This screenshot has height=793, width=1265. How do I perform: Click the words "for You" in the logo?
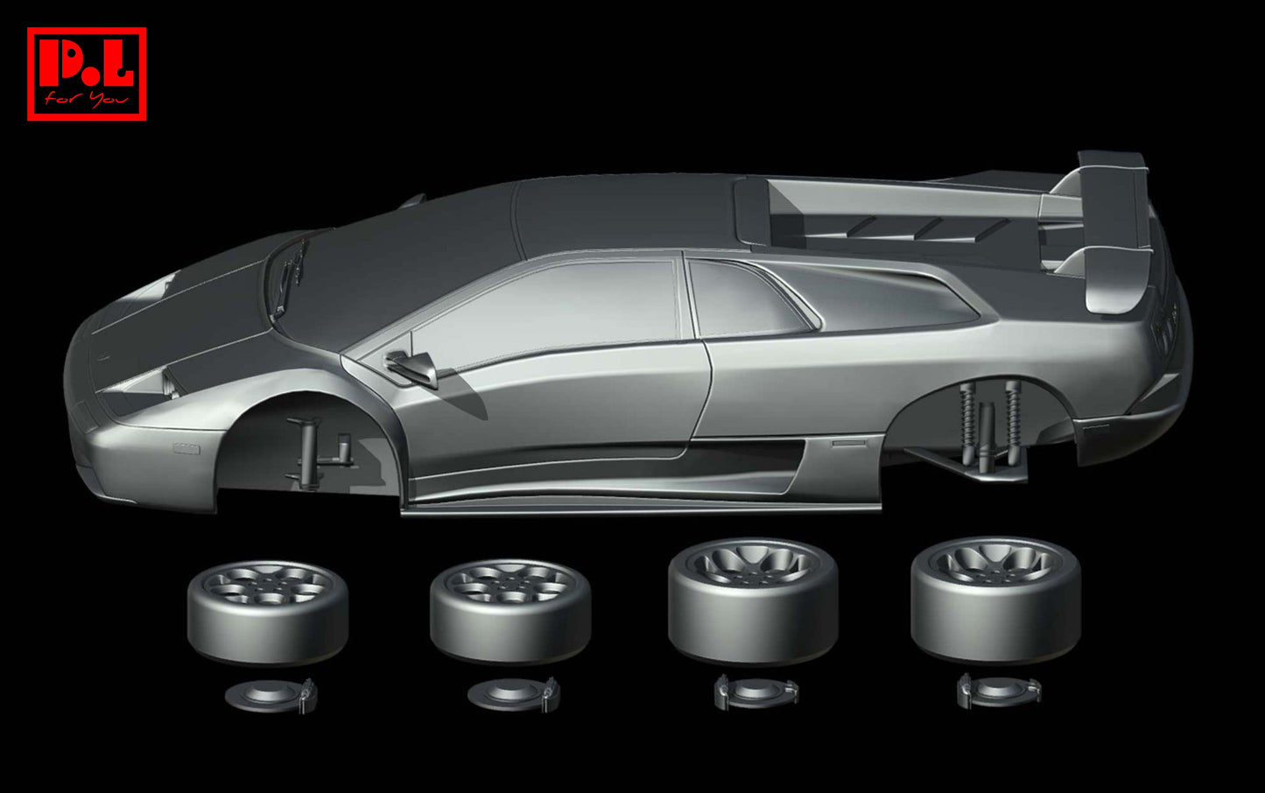point(87,99)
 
